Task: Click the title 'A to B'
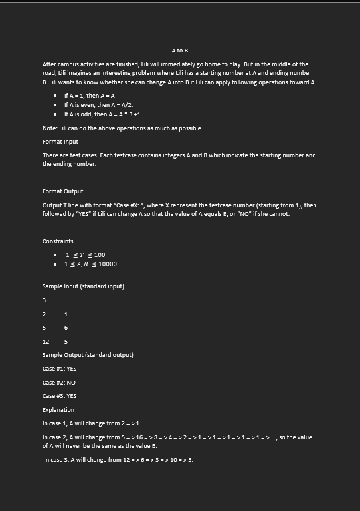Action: (x=179, y=51)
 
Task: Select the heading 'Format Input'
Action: (x=60, y=142)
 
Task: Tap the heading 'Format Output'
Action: (x=63, y=191)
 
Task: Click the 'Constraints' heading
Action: (x=58, y=241)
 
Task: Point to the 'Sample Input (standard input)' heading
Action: (x=83, y=286)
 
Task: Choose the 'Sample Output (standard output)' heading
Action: (x=88, y=355)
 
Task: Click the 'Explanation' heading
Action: (x=58, y=410)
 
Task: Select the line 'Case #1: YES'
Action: (x=60, y=369)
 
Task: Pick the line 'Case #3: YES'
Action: (x=60, y=396)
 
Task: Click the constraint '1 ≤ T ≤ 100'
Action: (x=85, y=255)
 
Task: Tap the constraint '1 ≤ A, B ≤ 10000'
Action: (x=90, y=264)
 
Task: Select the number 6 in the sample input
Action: (x=66, y=328)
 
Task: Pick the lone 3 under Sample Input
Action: (x=44, y=300)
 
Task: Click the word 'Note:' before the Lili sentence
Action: (x=50, y=128)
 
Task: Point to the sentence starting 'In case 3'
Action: (x=118, y=460)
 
